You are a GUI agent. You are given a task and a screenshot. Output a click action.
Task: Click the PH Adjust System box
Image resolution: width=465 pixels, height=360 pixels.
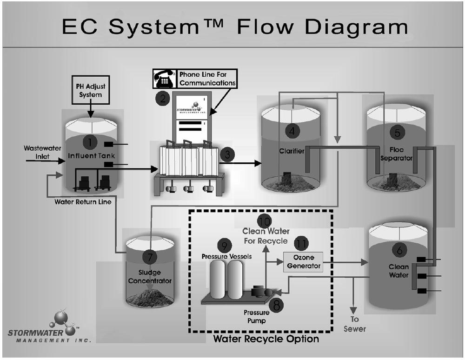[91, 90]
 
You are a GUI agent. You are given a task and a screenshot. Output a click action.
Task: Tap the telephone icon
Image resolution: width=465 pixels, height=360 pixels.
[165, 79]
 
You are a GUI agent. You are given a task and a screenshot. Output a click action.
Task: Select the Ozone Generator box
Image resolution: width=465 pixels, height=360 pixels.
[303, 262]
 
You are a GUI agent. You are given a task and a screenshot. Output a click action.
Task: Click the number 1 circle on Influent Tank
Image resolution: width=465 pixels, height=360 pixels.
[90, 142]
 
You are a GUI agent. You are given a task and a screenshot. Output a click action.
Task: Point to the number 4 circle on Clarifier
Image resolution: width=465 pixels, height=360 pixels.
[292, 131]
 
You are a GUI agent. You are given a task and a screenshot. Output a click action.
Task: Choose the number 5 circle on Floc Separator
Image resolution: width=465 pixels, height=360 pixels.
[398, 133]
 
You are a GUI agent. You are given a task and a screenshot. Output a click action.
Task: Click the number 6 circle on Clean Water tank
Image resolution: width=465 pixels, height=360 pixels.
[399, 250]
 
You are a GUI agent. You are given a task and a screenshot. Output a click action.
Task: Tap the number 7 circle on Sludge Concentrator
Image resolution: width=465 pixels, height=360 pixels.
[149, 257]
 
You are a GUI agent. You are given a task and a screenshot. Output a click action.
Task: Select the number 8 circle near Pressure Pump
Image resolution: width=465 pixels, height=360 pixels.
[276, 305]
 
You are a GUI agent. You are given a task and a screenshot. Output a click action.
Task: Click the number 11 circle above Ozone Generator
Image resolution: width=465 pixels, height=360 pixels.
[301, 243]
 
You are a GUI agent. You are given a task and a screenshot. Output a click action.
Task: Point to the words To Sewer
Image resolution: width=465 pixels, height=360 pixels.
[355, 324]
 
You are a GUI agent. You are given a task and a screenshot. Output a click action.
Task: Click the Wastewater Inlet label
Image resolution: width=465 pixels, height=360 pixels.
[42, 152]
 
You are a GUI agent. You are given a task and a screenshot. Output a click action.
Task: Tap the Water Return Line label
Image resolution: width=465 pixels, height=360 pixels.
[83, 202]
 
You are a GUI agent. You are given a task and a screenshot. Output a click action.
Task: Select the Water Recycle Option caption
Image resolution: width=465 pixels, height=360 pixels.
[266, 339]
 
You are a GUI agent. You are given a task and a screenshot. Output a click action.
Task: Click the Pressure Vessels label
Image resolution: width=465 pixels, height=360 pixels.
[226, 256]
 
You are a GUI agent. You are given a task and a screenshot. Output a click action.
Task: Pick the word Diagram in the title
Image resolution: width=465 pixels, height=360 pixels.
[357, 27]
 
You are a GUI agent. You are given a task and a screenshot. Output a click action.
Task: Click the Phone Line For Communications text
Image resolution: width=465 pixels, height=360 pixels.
[207, 79]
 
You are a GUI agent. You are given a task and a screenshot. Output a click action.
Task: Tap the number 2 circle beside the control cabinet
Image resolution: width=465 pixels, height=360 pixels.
[163, 98]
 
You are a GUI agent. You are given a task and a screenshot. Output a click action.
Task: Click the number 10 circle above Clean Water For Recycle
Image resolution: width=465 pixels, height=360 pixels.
[265, 221]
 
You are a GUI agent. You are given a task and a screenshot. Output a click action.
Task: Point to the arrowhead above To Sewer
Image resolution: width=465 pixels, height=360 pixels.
[353, 310]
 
